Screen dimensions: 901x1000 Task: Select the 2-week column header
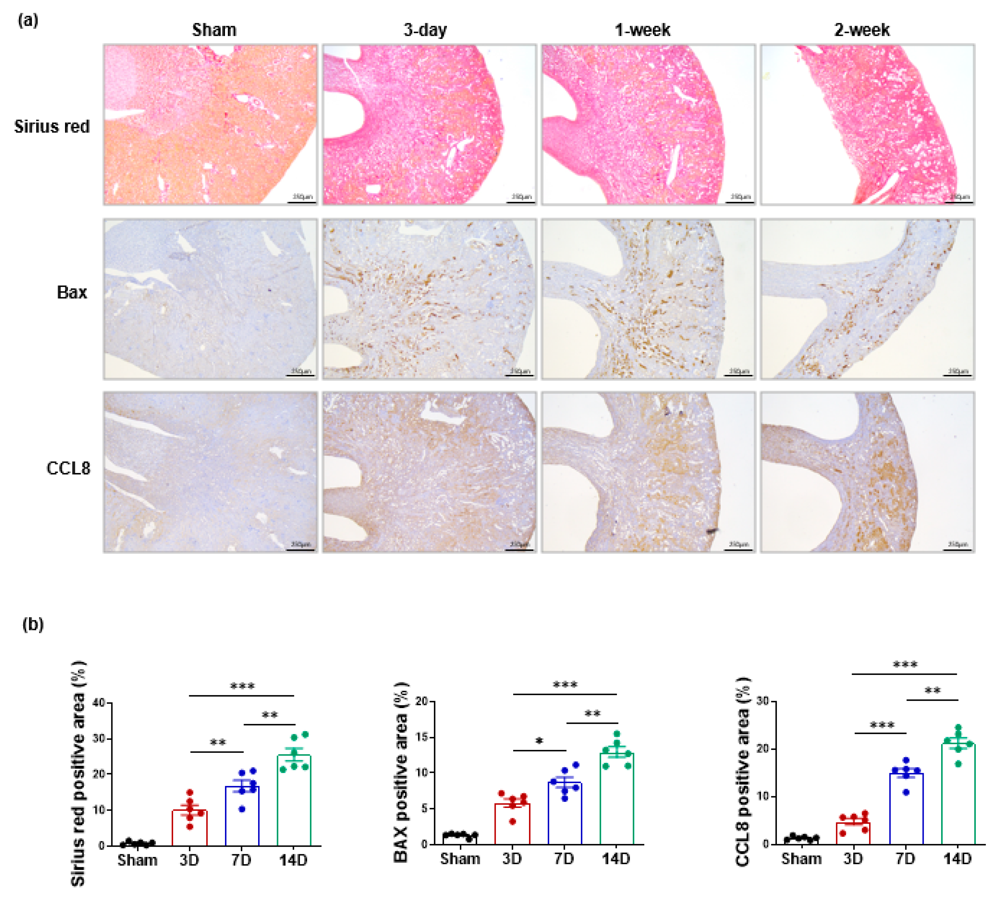click(861, 30)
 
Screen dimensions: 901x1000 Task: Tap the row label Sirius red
click(52, 127)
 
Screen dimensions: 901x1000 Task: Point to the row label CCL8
click(68, 468)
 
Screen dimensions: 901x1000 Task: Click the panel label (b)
click(33, 624)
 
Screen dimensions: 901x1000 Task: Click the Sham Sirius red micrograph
click(210, 124)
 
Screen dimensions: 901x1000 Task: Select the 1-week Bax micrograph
click(648, 299)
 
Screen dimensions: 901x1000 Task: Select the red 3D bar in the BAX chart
click(512, 824)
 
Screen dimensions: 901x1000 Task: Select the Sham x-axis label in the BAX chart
click(460, 859)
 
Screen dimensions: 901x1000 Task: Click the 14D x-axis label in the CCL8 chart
click(958, 859)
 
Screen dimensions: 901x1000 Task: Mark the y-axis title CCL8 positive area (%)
click(743, 772)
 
